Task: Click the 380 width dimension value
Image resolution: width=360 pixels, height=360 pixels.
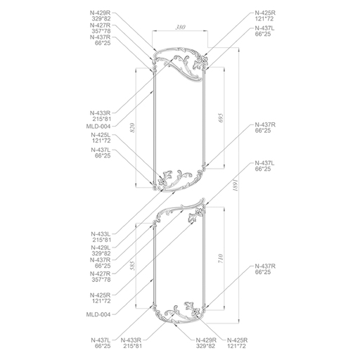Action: point(181,27)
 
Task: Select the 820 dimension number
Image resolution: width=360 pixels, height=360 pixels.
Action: point(132,128)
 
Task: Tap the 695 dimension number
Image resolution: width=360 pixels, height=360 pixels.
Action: point(221,118)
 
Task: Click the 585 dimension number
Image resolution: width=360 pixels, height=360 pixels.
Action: point(132,266)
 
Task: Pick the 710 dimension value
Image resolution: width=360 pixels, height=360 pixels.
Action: point(221,259)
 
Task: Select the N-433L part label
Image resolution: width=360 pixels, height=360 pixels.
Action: point(101,234)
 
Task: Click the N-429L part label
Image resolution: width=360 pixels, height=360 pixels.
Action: point(101,247)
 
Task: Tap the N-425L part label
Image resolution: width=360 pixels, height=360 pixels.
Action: point(101,135)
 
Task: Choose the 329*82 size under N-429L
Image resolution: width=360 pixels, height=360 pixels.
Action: point(101,254)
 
